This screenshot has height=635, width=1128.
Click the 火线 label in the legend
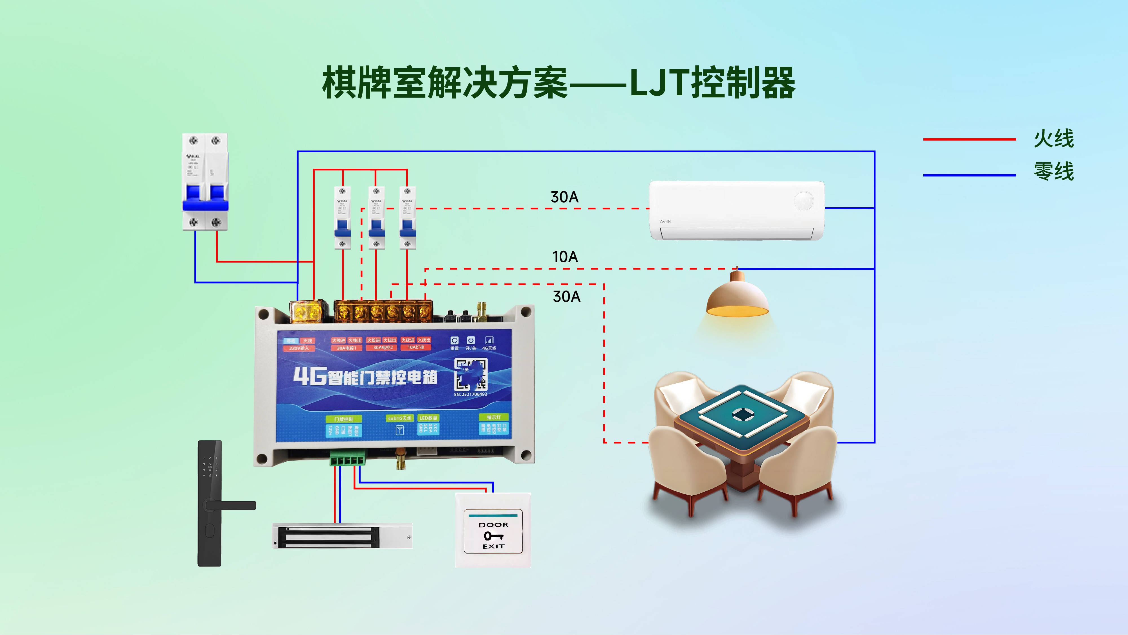tap(1054, 139)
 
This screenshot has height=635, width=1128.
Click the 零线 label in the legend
tap(1054, 171)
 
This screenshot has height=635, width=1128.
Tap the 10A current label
tap(565, 257)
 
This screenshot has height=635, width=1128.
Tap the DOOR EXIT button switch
tap(493, 531)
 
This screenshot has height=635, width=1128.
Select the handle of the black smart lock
tap(231, 505)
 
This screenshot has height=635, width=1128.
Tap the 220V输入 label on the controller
tap(299, 348)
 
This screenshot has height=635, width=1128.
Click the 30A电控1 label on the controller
tap(346, 348)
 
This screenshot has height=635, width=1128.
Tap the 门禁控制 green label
tap(344, 419)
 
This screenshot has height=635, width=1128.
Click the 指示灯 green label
tap(493, 417)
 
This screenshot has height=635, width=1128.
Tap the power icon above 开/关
tap(471, 340)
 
